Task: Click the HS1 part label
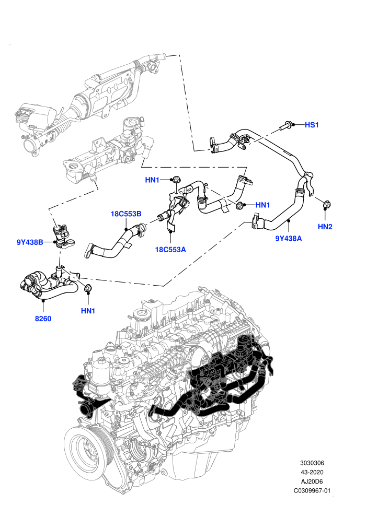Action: pyautogui.click(x=312, y=125)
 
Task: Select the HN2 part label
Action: pyautogui.click(x=325, y=227)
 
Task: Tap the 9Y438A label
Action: pyautogui.click(x=289, y=238)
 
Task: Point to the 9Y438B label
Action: pyautogui.click(x=30, y=242)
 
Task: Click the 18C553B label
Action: pyautogui.click(x=125, y=214)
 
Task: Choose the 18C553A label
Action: pyautogui.click(x=170, y=250)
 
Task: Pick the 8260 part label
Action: pyautogui.click(x=43, y=319)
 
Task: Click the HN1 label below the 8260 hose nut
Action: pyautogui.click(x=88, y=311)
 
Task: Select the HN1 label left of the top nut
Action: pyautogui.click(x=152, y=180)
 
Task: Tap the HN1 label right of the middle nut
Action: pyautogui.click(x=262, y=205)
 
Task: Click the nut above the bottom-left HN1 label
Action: pyautogui.click(x=88, y=288)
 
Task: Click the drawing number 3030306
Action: pyautogui.click(x=312, y=463)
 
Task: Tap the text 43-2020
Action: pyautogui.click(x=312, y=472)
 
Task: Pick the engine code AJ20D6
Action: pyautogui.click(x=312, y=481)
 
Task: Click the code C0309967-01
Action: pyautogui.click(x=312, y=490)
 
